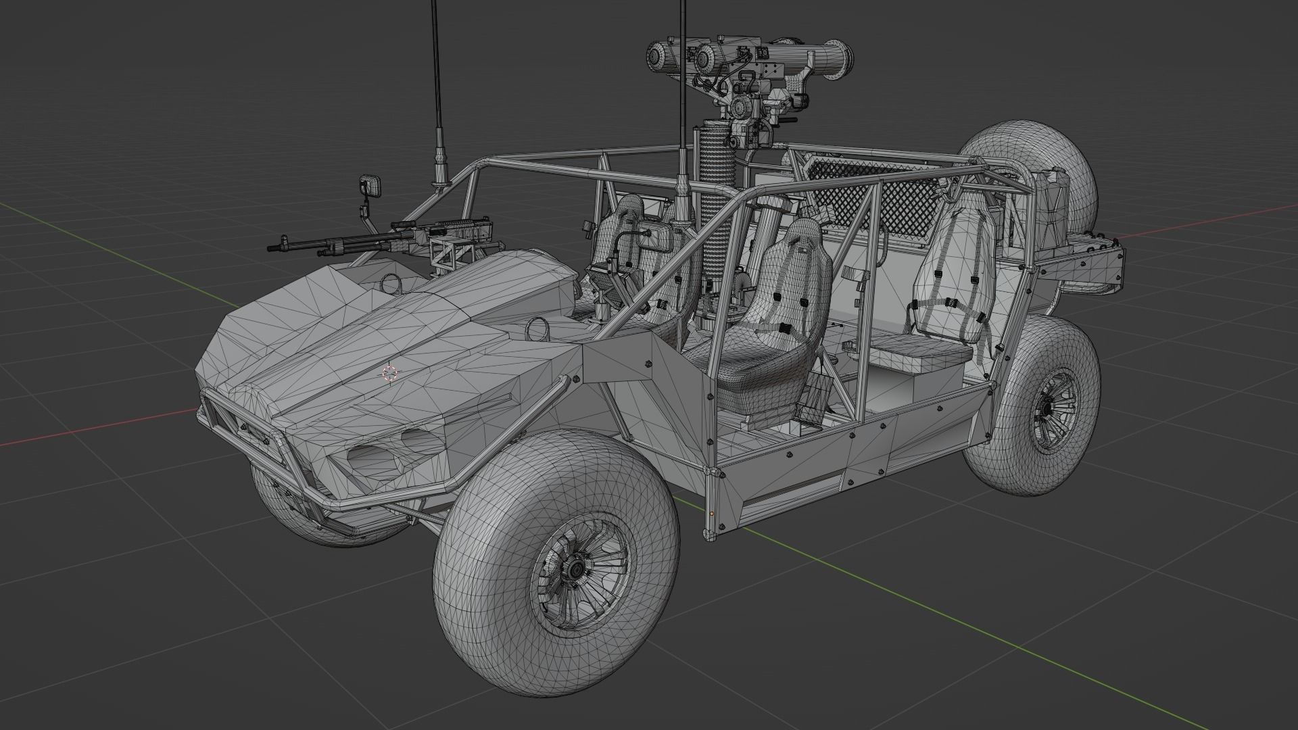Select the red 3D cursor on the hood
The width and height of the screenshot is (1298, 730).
389,373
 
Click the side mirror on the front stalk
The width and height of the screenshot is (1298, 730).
370,186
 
